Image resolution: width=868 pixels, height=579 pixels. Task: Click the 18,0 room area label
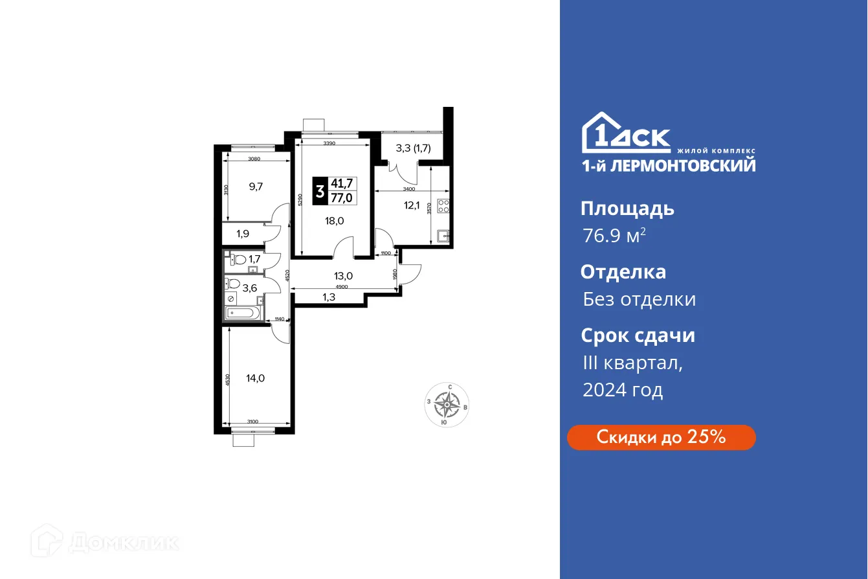click(x=335, y=220)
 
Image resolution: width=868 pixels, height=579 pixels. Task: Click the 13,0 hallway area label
click(x=343, y=275)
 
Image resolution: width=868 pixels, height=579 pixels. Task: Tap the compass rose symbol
click(x=447, y=405)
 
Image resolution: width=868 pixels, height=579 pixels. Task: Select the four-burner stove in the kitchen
click(x=444, y=206)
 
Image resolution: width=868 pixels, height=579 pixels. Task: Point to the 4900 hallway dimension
click(x=342, y=287)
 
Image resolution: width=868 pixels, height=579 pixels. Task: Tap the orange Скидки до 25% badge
click(x=661, y=437)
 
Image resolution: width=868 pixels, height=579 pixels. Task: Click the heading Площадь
click(x=627, y=209)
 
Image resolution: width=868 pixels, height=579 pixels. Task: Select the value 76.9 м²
click(x=614, y=236)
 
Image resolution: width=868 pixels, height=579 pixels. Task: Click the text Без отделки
click(x=639, y=299)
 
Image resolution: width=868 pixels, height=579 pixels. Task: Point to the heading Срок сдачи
click(x=638, y=335)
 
